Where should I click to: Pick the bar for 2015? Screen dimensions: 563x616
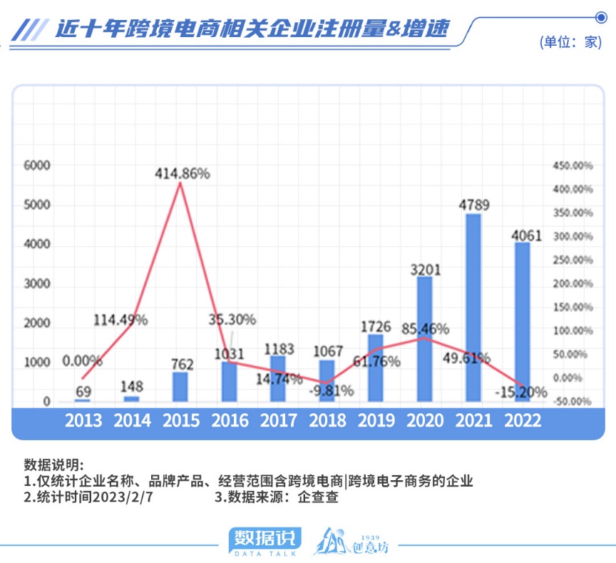click(180, 386)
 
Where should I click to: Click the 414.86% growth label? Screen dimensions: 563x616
click(183, 173)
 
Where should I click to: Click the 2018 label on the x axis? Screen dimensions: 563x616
click(327, 420)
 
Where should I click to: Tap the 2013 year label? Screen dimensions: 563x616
click(83, 420)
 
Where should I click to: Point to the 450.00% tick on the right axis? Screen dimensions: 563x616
click(573, 166)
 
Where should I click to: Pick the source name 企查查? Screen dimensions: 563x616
click(318, 498)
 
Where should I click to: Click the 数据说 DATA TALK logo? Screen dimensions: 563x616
click(265, 540)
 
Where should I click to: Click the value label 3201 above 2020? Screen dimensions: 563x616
click(425, 270)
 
